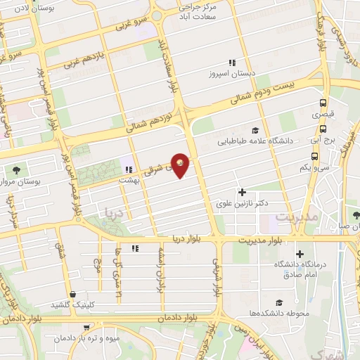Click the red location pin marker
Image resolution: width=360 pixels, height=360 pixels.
coord(181,165)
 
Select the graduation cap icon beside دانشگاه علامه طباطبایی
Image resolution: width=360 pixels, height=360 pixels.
coord(255,130)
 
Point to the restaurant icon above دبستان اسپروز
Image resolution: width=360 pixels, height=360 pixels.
coord(232,63)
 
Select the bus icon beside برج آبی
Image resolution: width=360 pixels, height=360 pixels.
coord(323,129)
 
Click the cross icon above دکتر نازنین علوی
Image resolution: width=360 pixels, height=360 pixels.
coord(243,192)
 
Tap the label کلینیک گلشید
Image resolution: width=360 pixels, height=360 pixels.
coord(72,304)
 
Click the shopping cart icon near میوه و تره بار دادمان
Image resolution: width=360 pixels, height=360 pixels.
coord(86,327)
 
